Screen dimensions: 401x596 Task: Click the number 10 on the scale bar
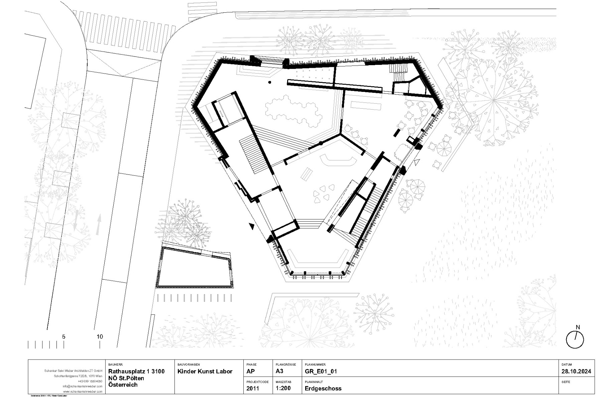pos(100,337)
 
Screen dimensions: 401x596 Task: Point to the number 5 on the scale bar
pos(64,337)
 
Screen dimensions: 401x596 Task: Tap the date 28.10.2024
pos(576,371)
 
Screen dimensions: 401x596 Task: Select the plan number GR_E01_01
pos(321,371)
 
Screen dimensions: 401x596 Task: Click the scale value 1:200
pos(283,388)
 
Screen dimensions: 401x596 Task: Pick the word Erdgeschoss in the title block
pos(323,388)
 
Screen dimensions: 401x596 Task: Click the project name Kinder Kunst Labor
pos(205,371)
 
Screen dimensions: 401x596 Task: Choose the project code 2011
pos(253,388)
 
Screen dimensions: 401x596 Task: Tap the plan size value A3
pos(279,371)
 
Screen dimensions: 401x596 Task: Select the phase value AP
pos(251,371)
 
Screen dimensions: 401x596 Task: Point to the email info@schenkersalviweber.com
pos(82,386)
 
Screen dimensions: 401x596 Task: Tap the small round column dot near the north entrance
pos(269,82)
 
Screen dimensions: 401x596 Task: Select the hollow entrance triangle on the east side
pos(416,162)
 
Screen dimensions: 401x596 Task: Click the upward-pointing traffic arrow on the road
pos(99,224)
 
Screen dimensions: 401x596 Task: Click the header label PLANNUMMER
pos(315,365)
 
